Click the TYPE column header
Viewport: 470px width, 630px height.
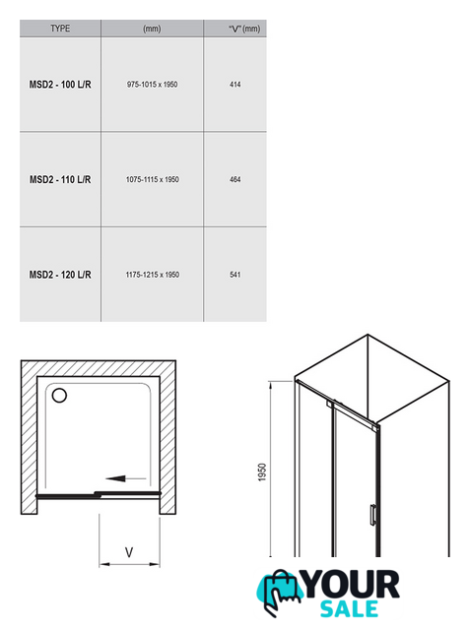(x=60, y=29)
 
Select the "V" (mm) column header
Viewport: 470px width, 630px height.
(x=244, y=29)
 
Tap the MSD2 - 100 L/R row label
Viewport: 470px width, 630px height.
(x=60, y=85)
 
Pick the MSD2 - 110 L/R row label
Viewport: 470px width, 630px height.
(x=60, y=179)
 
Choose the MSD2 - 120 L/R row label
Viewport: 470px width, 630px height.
(x=60, y=275)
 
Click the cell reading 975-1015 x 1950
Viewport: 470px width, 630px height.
(x=152, y=85)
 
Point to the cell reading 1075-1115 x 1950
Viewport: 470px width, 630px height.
(x=152, y=179)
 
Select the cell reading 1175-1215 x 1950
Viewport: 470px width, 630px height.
(x=152, y=275)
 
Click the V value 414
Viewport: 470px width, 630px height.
(x=235, y=85)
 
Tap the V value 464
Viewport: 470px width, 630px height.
(x=235, y=179)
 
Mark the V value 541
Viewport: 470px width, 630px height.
(x=235, y=275)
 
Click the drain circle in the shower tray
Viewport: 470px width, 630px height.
(x=59, y=396)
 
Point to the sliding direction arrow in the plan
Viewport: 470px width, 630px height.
(x=125, y=478)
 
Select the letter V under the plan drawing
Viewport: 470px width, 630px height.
(x=129, y=552)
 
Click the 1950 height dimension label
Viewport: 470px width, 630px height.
(x=262, y=472)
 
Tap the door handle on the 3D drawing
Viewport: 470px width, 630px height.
(x=373, y=515)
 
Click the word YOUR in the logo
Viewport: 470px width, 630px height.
(x=351, y=584)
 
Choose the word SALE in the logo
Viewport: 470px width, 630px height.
(x=349, y=608)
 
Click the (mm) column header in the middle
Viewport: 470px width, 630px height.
(x=152, y=29)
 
